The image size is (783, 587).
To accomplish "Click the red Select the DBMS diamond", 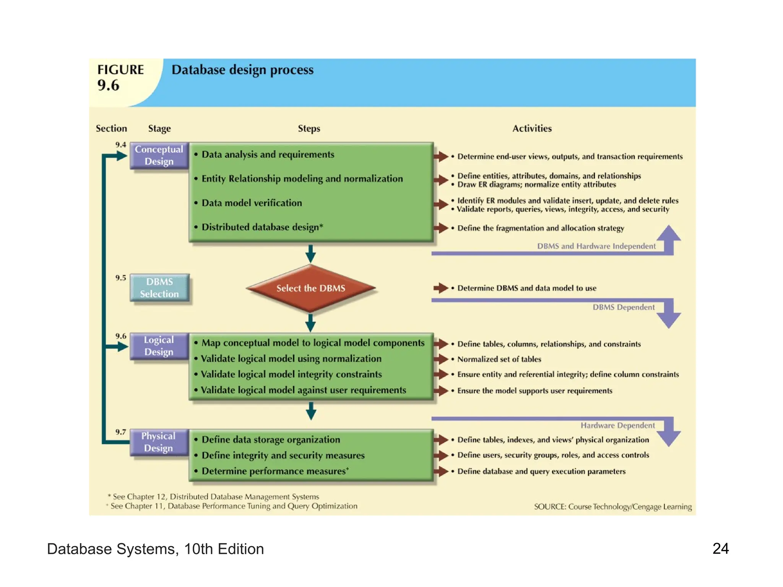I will click(x=310, y=288).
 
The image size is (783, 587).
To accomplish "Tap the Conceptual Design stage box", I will click(x=159, y=155).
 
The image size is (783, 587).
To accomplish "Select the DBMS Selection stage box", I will click(x=159, y=288).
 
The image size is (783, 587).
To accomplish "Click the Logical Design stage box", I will click(x=159, y=346).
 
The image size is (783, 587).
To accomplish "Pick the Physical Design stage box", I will click(x=159, y=442).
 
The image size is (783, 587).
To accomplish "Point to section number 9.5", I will click(x=120, y=278).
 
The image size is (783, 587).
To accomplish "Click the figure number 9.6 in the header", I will click(x=108, y=85).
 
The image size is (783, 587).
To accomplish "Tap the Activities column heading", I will click(x=532, y=128).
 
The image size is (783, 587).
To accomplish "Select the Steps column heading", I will click(x=309, y=128).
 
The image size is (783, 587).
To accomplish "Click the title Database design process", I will click(x=242, y=70).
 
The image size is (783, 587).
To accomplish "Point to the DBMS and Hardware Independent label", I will click(x=596, y=246).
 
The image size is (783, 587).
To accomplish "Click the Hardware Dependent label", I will click(x=617, y=425).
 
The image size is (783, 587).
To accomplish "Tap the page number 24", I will click(x=720, y=549).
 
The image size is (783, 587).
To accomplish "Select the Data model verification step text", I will click(x=252, y=203).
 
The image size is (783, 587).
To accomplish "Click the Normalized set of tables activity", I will click(x=499, y=359).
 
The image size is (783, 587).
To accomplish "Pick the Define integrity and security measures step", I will click(x=283, y=456).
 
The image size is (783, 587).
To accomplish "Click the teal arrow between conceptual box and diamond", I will click(x=310, y=253).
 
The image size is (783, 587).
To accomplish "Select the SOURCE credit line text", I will click(x=612, y=507).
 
